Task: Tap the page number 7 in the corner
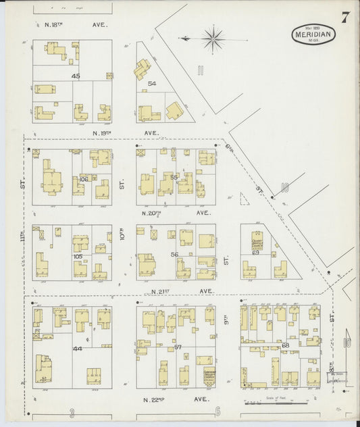point(345,18)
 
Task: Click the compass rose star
point(213,39)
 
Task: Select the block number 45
point(76,76)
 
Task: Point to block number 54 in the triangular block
point(152,83)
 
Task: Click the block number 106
point(83,179)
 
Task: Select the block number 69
point(255,252)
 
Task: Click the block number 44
point(77,349)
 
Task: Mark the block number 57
point(178,347)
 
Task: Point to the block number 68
point(285,345)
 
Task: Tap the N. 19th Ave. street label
point(125,133)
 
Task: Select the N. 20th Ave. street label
point(175,212)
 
